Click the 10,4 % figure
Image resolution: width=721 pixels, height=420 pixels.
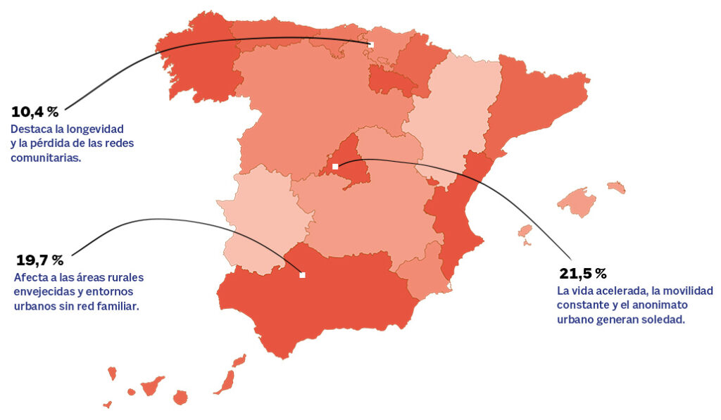(x=35, y=112)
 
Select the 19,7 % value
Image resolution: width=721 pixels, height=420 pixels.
(x=39, y=261)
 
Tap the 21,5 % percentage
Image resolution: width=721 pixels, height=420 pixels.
(x=582, y=274)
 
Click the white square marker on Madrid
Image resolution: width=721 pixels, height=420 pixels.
(x=335, y=167)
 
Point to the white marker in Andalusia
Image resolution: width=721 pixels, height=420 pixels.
(x=302, y=275)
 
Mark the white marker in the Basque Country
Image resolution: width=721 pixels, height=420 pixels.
(x=371, y=44)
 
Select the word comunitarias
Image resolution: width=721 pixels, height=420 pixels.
(x=46, y=158)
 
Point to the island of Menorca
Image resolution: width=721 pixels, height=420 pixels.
(x=616, y=187)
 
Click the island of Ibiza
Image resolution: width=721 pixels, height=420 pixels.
(x=525, y=231)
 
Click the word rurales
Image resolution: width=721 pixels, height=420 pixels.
(x=127, y=277)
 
